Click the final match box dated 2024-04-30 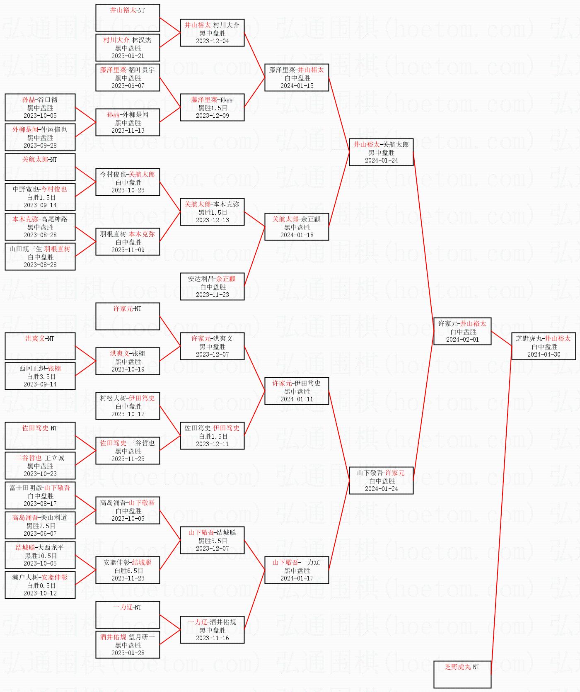coord(544,346)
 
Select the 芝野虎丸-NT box coord(462,675)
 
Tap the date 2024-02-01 coord(462,340)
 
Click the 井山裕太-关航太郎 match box coord(381,152)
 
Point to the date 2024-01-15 coord(297,86)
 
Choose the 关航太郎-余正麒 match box coord(297,227)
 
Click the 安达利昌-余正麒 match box coord(212,287)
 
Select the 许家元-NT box coord(128,316)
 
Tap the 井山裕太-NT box coord(128,18)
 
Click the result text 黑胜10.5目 coord(40,556)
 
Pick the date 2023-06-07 coord(40,534)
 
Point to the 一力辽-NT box coord(128,615)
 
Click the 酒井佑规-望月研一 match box coord(128,645)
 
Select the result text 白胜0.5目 coord(40,585)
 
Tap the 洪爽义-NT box coord(40,346)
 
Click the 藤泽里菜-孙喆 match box coord(212,107)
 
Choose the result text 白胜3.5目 coord(40,376)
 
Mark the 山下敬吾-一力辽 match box coord(297,570)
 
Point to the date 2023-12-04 coord(212,41)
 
